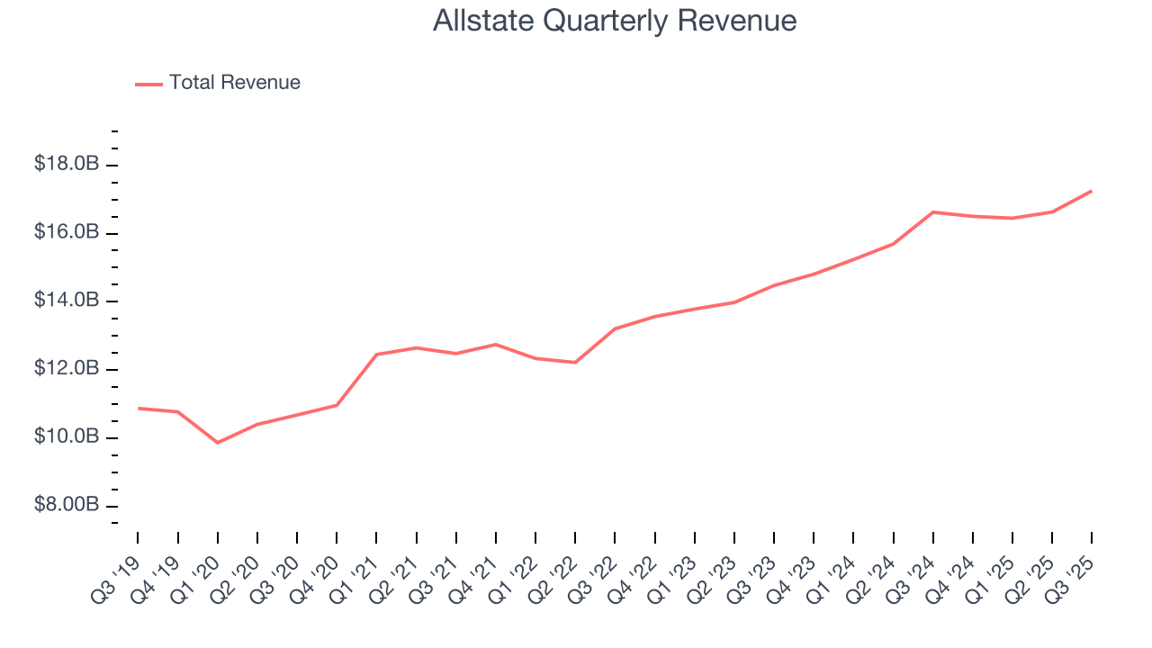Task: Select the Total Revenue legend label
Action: tap(234, 83)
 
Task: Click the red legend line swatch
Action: tap(148, 84)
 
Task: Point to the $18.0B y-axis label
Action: tap(66, 165)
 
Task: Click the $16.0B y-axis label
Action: tap(66, 233)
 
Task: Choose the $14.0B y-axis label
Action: tap(66, 301)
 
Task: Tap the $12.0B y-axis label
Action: tap(66, 369)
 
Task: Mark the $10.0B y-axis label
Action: tap(66, 437)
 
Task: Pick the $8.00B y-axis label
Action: tap(66, 505)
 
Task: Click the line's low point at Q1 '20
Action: tap(218, 443)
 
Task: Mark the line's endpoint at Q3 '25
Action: tap(1092, 191)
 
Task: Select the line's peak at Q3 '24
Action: tap(933, 212)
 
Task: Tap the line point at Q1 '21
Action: tap(376, 355)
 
